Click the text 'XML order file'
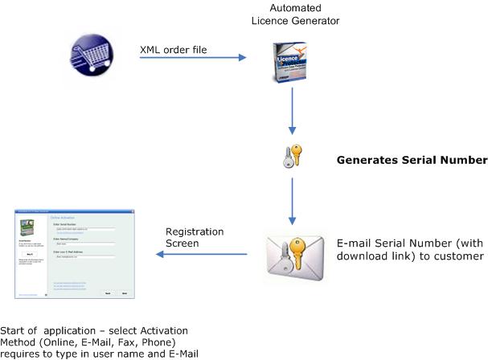tap(174, 50)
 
